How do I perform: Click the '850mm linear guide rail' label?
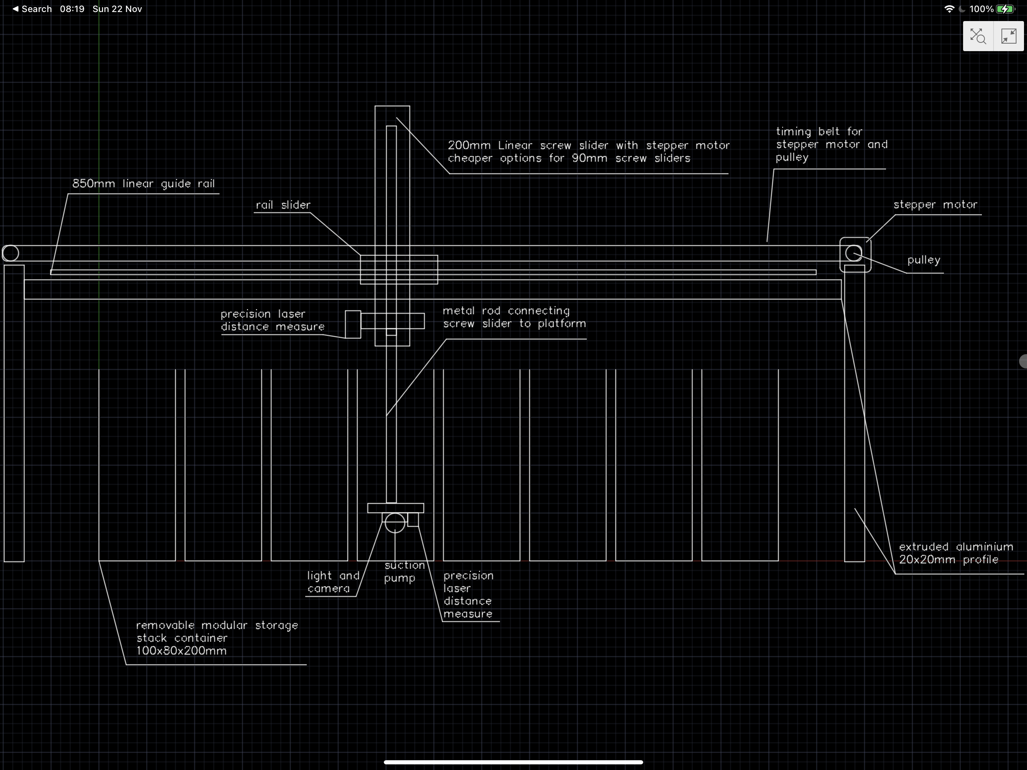(x=144, y=184)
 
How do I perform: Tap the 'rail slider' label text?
(x=283, y=205)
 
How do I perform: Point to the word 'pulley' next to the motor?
(x=924, y=260)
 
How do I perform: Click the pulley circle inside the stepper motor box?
(x=853, y=253)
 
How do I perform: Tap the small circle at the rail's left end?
(x=10, y=253)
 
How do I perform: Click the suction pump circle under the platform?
(x=395, y=523)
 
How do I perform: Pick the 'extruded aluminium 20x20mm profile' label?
(x=956, y=553)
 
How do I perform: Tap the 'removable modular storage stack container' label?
(x=217, y=638)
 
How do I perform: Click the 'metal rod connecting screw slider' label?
(x=514, y=317)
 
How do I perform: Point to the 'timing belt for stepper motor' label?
(x=831, y=144)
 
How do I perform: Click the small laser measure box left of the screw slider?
(x=353, y=324)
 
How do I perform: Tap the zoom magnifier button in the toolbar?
(x=978, y=36)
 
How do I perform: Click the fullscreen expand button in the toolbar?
(x=1009, y=36)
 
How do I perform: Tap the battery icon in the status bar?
(x=1006, y=9)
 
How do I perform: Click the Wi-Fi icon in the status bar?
(x=949, y=9)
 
